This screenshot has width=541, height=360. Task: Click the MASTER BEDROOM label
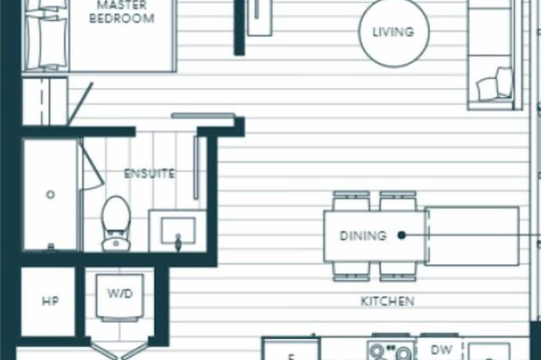121,12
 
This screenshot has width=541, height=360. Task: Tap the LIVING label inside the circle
393,32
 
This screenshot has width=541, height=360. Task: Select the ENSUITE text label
149,174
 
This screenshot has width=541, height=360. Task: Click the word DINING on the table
363,236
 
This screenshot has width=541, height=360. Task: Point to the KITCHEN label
387,302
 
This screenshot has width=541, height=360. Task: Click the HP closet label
50,302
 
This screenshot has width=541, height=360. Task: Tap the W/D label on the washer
120,294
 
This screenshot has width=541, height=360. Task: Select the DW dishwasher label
441,350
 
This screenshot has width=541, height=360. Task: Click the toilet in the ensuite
116,223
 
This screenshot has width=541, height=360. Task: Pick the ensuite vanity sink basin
179,230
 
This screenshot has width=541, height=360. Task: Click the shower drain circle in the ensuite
50,195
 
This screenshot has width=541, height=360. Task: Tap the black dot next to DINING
401,235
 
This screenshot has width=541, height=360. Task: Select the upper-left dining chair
351,201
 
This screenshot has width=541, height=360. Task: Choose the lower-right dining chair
398,272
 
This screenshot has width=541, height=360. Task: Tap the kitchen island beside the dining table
472,236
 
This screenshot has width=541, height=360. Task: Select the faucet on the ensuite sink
178,242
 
